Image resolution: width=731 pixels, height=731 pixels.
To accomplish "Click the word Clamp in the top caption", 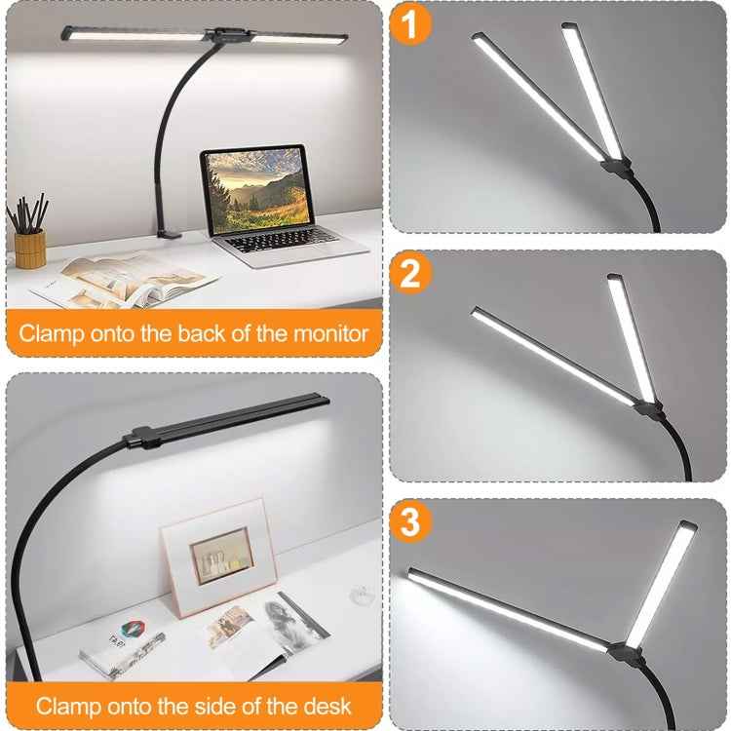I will tap(52, 333).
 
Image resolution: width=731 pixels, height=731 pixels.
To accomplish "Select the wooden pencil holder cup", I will tap(30, 248).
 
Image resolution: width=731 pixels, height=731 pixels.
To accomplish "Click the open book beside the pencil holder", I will tap(122, 277).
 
